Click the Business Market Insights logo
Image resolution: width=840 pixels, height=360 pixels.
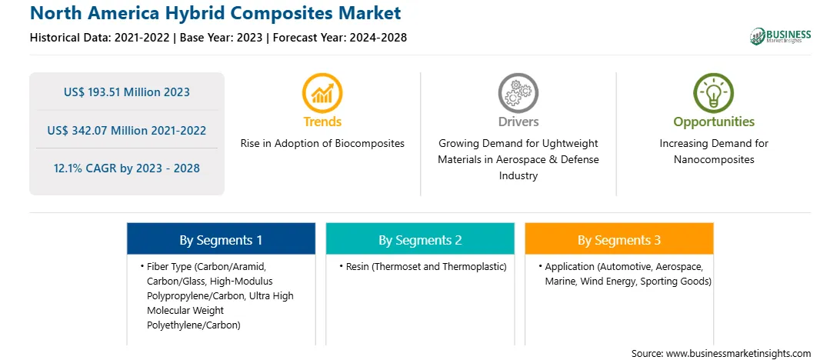pyautogui.click(x=780, y=36)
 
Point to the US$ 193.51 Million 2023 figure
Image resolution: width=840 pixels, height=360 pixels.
pyautogui.click(x=126, y=92)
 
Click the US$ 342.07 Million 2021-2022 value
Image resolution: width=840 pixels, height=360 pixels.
pyautogui.click(x=126, y=130)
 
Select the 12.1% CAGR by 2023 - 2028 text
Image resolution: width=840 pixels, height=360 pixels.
pyautogui.click(x=126, y=168)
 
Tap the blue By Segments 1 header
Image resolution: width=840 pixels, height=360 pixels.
pyautogui.click(x=221, y=240)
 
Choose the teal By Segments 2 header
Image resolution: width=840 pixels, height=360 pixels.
pyautogui.click(x=420, y=240)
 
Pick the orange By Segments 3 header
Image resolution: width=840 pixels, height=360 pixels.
pyautogui.click(x=618, y=240)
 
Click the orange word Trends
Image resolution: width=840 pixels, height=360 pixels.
pyautogui.click(x=322, y=122)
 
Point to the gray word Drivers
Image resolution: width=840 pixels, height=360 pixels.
pyautogui.click(x=518, y=122)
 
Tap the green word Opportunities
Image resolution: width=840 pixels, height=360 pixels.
pyautogui.click(x=714, y=122)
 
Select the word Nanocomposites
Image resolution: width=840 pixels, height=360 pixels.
pyautogui.click(x=714, y=160)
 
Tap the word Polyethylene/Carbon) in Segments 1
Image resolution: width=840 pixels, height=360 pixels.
pyautogui.click(x=193, y=325)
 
